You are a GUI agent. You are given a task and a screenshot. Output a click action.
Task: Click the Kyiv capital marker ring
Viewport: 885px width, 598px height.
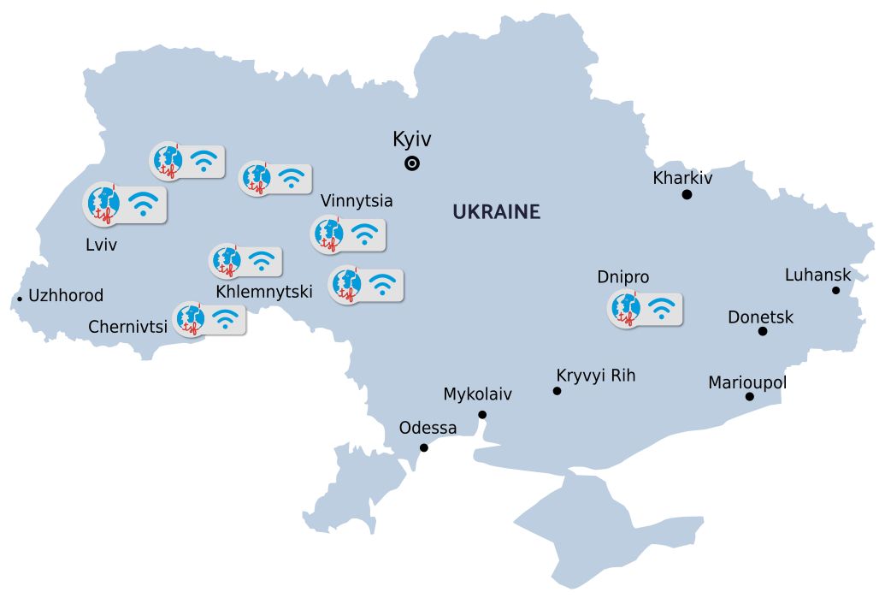pyautogui.click(x=412, y=164)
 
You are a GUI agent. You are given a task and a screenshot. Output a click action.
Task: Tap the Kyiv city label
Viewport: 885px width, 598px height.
pyautogui.click(x=411, y=139)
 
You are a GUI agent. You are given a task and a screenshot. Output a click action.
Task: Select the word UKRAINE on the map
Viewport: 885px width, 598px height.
pyautogui.click(x=497, y=211)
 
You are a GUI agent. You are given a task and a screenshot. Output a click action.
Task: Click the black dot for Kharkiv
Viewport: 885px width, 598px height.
pyautogui.click(x=687, y=195)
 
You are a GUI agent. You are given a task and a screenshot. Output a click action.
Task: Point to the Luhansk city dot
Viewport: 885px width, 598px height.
pyautogui.click(x=835, y=291)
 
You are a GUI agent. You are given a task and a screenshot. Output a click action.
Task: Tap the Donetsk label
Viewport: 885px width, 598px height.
pyautogui.click(x=760, y=317)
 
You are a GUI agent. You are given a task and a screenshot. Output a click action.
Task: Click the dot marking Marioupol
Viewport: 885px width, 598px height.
pyautogui.click(x=749, y=396)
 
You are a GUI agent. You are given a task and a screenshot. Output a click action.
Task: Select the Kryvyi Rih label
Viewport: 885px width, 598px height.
pyautogui.click(x=595, y=376)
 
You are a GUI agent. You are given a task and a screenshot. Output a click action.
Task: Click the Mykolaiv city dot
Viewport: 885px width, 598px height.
pyautogui.click(x=482, y=415)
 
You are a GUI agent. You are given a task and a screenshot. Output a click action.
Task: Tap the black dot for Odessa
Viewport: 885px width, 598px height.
pyautogui.click(x=424, y=447)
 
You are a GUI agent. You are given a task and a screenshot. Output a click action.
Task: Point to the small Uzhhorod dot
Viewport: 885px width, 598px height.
pyautogui.click(x=20, y=299)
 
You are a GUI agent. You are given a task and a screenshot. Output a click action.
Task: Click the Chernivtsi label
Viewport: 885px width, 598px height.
pyautogui.click(x=127, y=327)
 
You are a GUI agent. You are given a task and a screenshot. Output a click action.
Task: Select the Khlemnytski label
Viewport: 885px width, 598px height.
pyautogui.click(x=263, y=292)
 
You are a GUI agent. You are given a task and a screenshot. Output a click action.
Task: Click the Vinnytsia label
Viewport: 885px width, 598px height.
pyautogui.click(x=357, y=201)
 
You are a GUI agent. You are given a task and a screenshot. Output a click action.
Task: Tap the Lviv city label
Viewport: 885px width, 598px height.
pyautogui.click(x=101, y=246)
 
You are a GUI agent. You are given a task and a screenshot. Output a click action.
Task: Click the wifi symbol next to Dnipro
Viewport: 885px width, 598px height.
pyautogui.click(x=661, y=309)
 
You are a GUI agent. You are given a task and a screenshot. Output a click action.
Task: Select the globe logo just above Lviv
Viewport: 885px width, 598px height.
pyautogui.click(x=103, y=204)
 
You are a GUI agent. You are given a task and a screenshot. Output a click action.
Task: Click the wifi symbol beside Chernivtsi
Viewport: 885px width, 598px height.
pyautogui.click(x=225, y=319)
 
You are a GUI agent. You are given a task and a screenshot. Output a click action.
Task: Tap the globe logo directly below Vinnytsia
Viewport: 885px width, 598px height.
pyautogui.click(x=327, y=234)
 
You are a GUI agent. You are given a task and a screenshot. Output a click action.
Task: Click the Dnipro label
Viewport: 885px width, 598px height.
pyautogui.click(x=622, y=277)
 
